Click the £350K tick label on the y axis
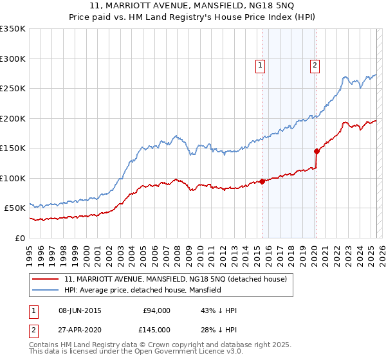pos(13,29)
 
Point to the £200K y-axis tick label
pos(13,118)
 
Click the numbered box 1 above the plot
pos(261,64)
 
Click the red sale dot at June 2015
pos(262,181)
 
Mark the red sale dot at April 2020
pos(317,151)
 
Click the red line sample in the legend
pos(46,279)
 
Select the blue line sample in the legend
pos(46,291)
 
